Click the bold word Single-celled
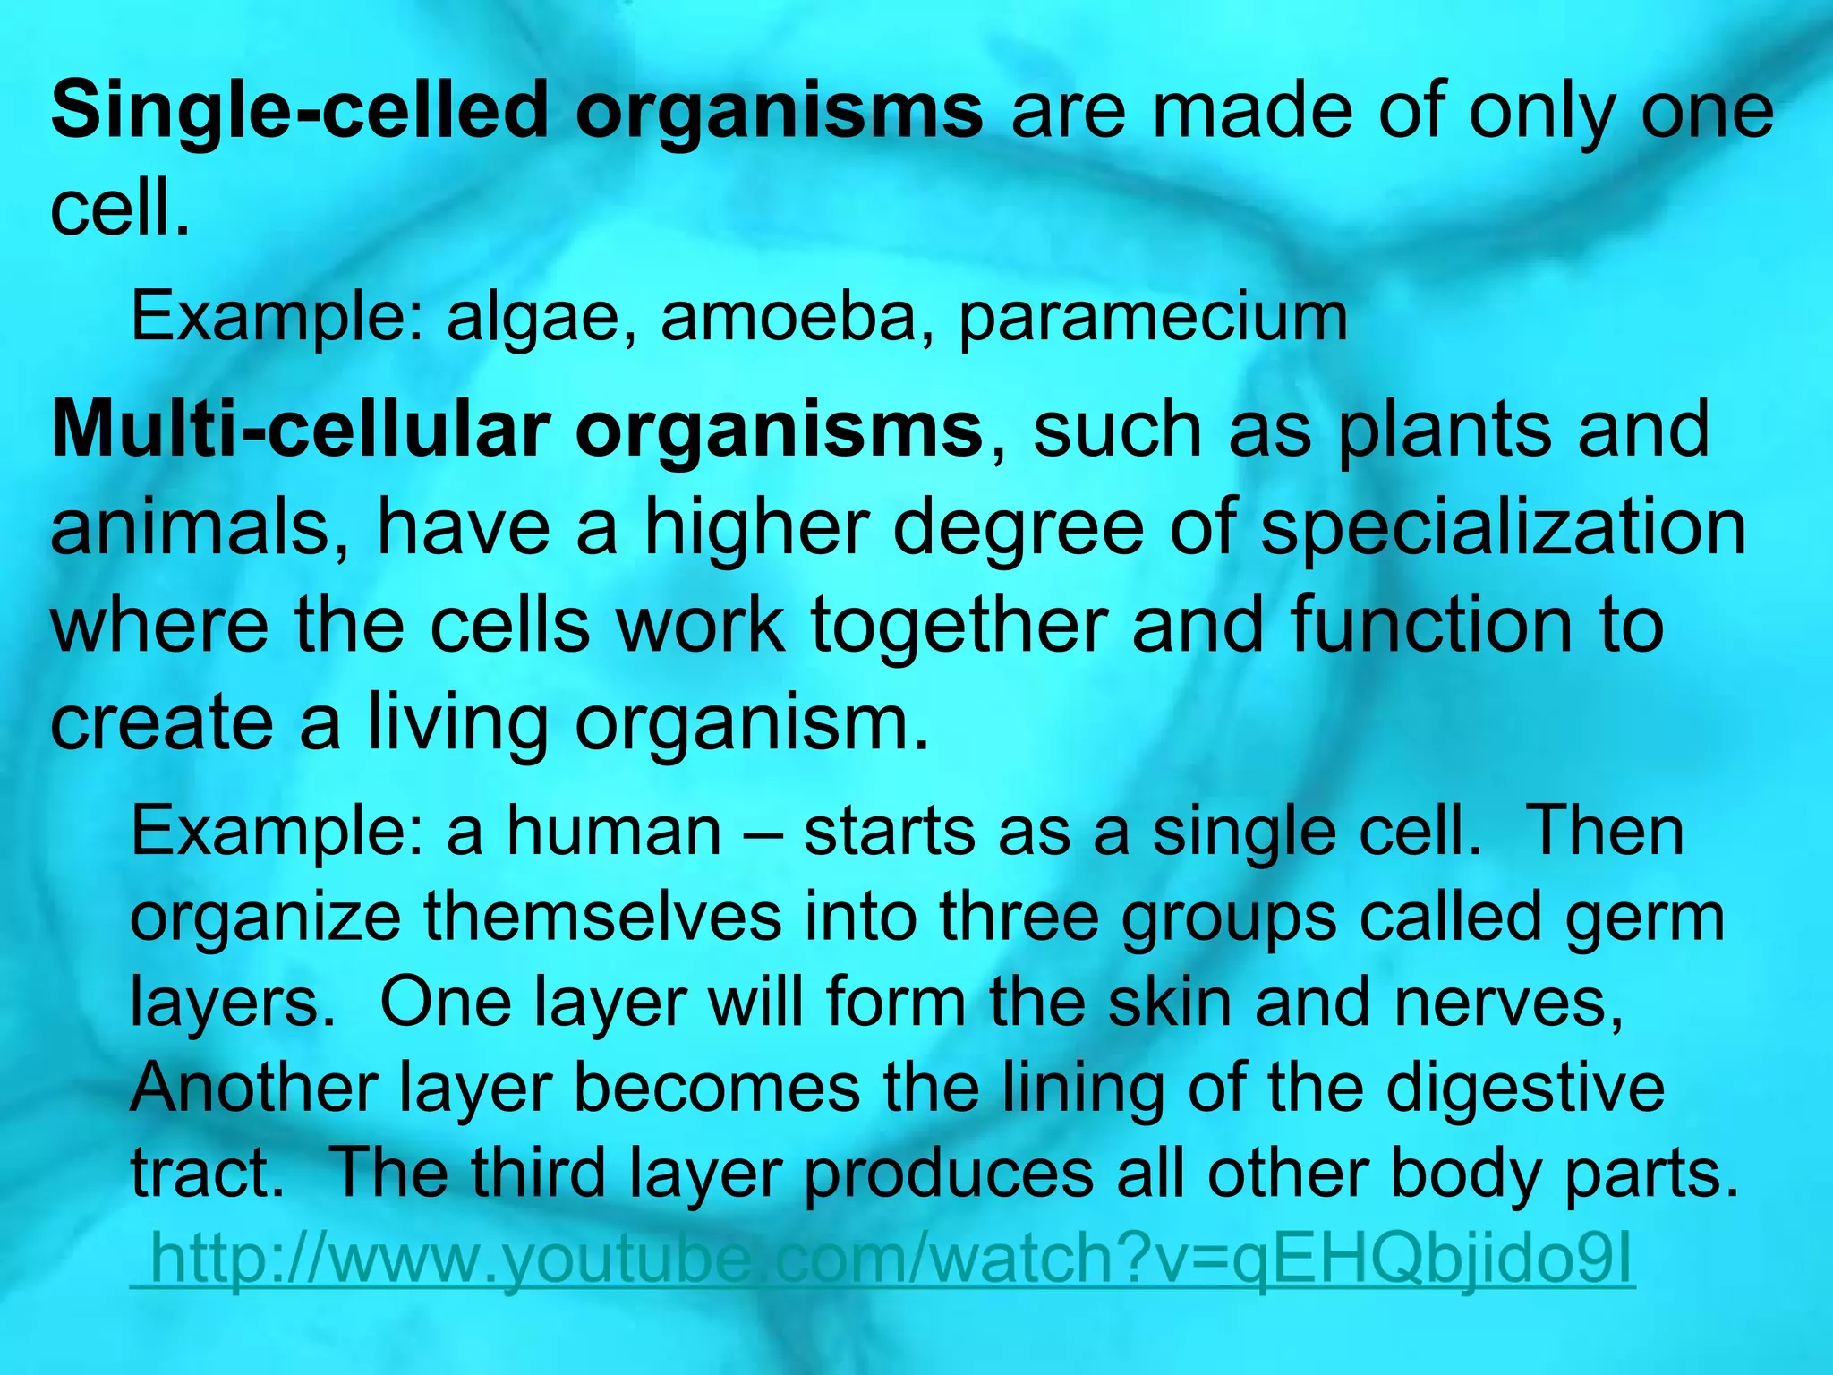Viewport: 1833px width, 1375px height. click(299, 112)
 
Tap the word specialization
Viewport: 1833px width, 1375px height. click(1504, 532)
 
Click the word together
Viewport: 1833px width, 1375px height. click(959, 627)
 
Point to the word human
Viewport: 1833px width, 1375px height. click(614, 832)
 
